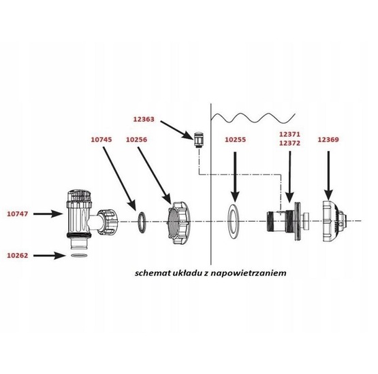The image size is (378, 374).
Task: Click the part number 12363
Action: click(x=144, y=119)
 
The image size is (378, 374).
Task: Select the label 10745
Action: click(x=101, y=139)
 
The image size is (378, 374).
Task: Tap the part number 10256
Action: click(x=136, y=139)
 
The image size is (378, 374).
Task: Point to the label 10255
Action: click(x=235, y=139)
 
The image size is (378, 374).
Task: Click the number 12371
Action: click(x=289, y=134)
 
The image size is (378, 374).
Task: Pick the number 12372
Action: click(x=289, y=143)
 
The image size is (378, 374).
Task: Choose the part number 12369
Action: click(x=328, y=139)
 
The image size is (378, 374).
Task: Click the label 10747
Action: click(x=17, y=214)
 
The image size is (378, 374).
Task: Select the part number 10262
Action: click(x=17, y=256)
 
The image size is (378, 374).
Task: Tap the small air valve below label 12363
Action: click(x=199, y=140)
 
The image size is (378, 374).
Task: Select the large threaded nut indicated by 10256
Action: click(x=179, y=223)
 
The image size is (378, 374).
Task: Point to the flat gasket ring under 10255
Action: click(x=234, y=222)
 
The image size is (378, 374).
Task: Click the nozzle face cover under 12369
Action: click(x=334, y=221)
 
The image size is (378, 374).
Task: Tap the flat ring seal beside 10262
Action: click(x=79, y=255)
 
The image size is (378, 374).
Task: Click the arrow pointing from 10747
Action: click(x=48, y=214)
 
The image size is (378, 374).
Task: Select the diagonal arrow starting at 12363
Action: click(x=176, y=130)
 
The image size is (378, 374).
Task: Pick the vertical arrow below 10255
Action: click(x=235, y=177)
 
